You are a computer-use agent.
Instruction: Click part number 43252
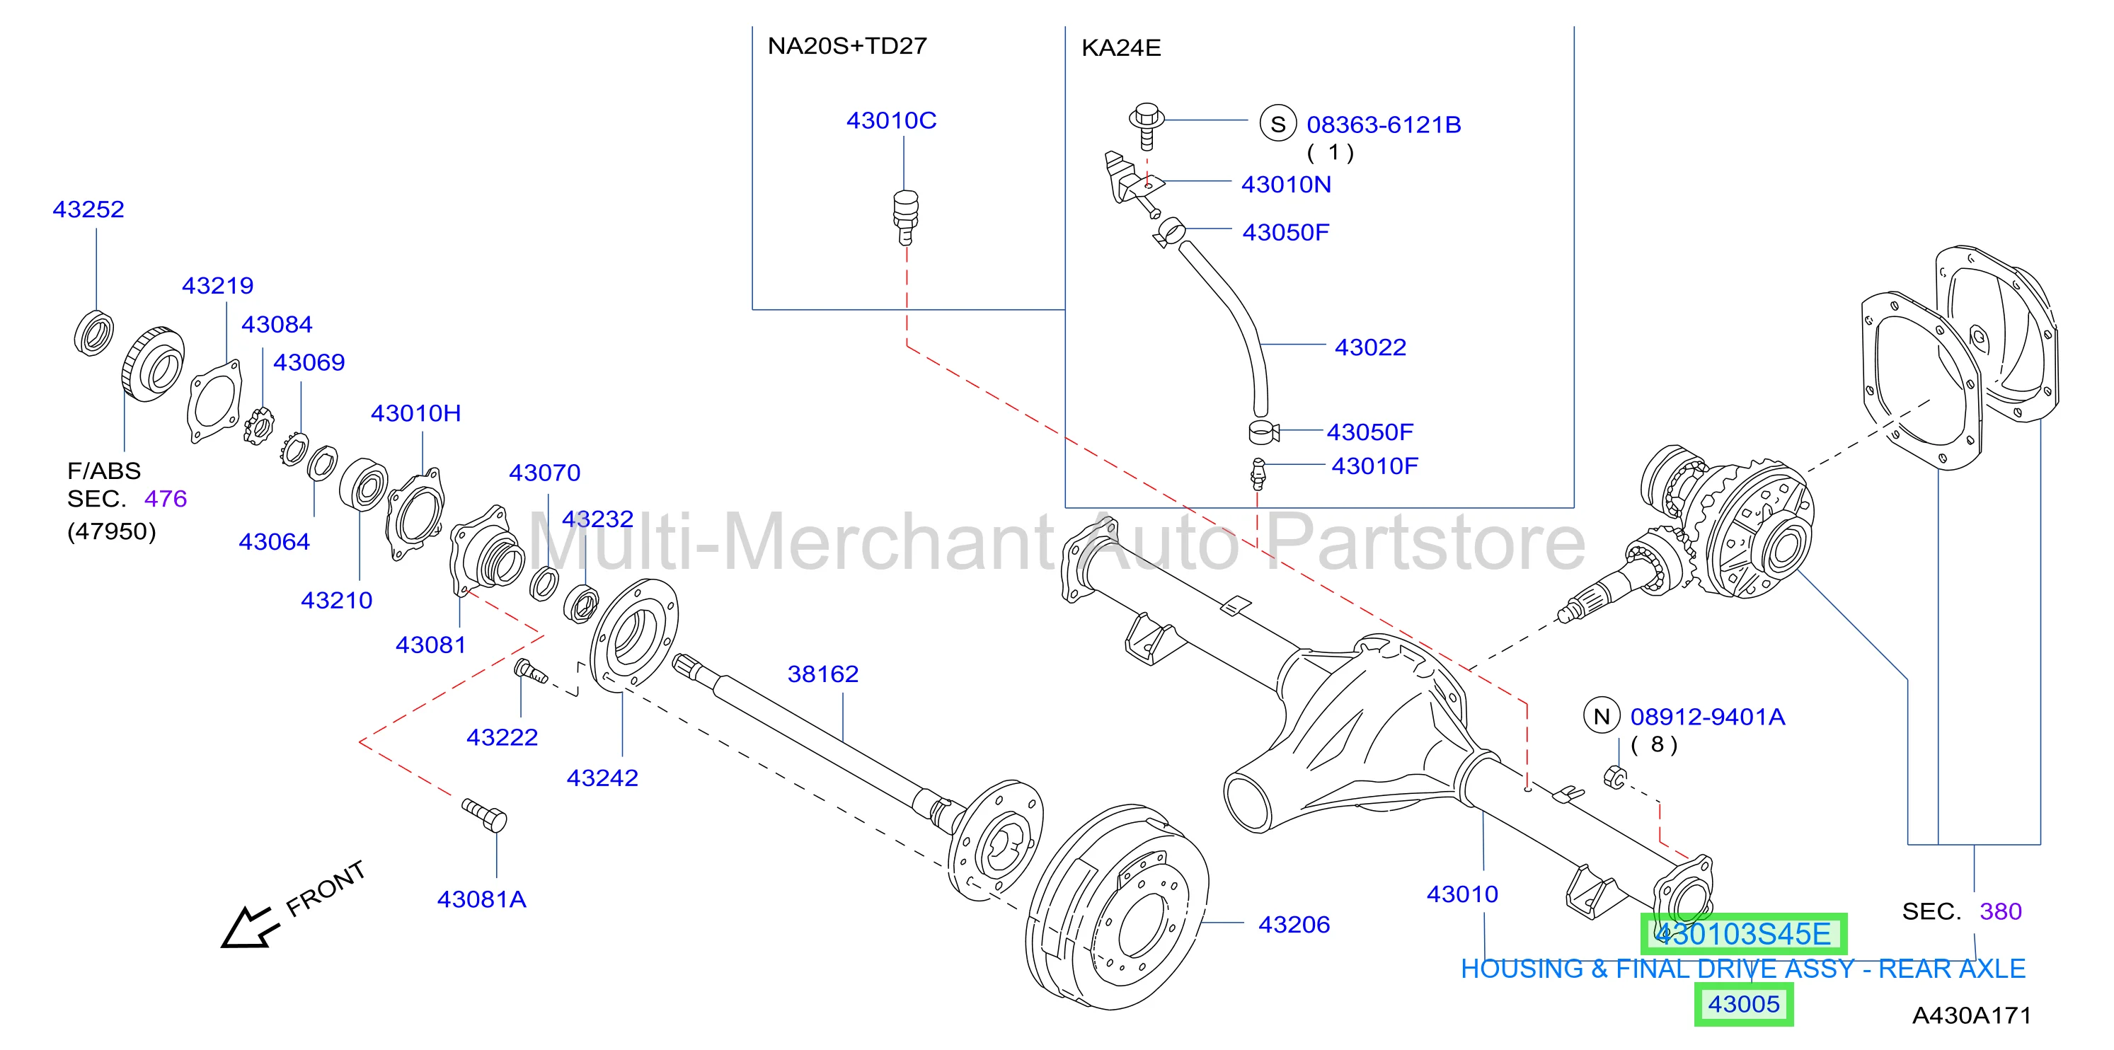point(88,209)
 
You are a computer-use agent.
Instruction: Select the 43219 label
point(217,285)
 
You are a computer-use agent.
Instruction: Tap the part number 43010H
point(416,412)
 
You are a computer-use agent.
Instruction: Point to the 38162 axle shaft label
point(823,674)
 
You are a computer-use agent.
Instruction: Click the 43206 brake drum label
point(1294,925)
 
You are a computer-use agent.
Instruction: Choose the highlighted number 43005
point(1744,1004)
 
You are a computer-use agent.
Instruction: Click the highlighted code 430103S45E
point(1743,935)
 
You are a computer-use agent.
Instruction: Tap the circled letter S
point(1277,124)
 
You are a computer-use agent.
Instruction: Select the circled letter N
point(1601,716)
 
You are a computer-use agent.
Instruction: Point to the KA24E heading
point(1121,48)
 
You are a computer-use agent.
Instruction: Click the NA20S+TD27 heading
point(847,46)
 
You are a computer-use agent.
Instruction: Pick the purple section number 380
point(2001,911)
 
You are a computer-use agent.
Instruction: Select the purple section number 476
point(166,499)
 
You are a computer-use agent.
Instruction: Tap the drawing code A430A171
point(1971,1015)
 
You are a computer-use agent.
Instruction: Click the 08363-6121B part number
point(1384,125)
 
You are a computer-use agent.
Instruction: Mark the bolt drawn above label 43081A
point(484,815)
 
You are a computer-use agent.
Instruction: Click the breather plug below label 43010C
point(905,217)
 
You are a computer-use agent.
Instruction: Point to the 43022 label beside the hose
point(1370,347)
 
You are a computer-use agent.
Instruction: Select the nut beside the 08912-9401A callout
point(1614,776)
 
